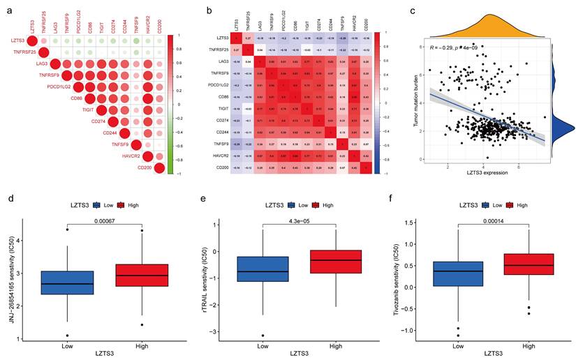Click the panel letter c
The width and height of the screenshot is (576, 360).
[x=414, y=10]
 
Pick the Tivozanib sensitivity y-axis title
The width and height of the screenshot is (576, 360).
[x=394, y=275]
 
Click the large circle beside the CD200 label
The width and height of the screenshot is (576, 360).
[x=160, y=167]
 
